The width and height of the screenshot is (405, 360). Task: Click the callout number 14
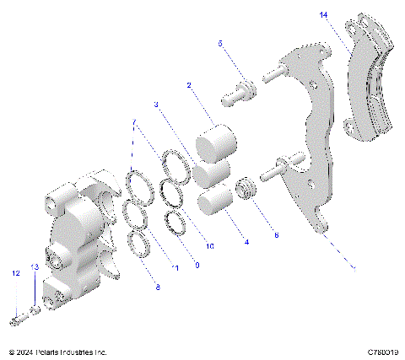(x=324, y=14)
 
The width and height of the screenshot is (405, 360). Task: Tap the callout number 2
(x=190, y=84)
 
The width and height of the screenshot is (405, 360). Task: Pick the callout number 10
(x=210, y=246)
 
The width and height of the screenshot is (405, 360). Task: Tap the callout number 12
(x=15, y=273)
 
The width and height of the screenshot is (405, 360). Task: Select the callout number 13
(x=35, y=266)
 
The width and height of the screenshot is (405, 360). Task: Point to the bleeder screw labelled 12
(x=19, y=319)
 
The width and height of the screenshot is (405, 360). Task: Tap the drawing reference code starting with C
(x=382, y=352)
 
